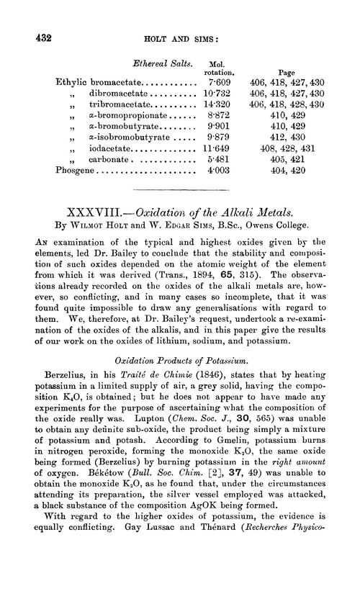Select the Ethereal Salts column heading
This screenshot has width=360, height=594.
coord(153,66)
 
